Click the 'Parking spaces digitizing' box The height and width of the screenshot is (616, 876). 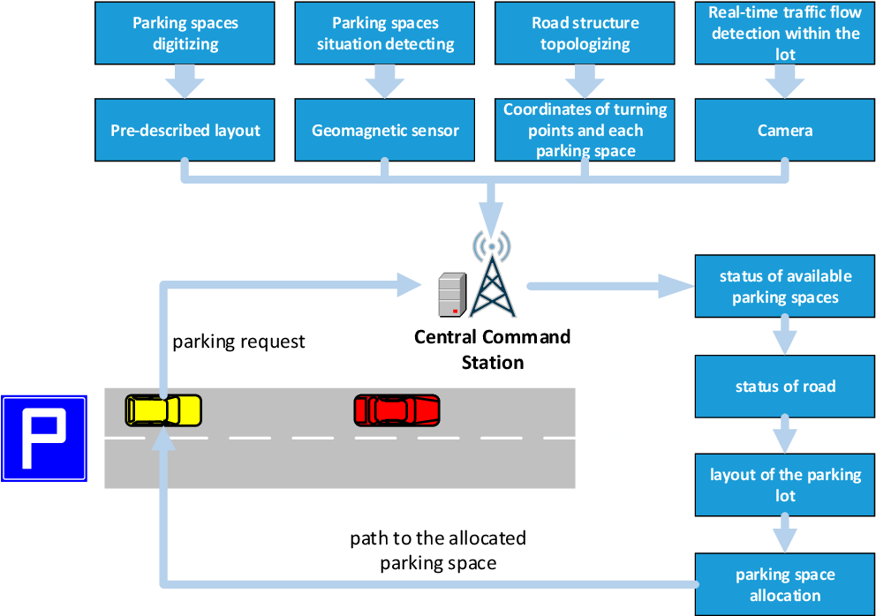pyautogui.click(x=185, y=33)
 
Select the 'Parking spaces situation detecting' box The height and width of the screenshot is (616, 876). pyautogui.click(x=385, y=33)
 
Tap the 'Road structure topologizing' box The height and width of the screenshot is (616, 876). pyautogui.click(x=585, y=33)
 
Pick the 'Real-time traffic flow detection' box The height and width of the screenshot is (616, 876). pyautogui.click(x=784, y=33)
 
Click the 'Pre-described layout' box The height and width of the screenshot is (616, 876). pyautogui.click(x=185, y=130)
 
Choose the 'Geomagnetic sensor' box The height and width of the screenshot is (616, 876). pyautogui.click(x=385, y=130)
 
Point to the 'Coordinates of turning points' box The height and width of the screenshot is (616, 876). pyautogui.click(x=585, y=130)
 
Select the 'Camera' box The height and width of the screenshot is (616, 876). pyautogui.click(x=784, y=130)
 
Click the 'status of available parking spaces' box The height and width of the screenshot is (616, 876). pyautogui.click(x=784, y=287)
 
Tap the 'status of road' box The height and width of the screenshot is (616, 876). pyautogui.click(x=784, y=387)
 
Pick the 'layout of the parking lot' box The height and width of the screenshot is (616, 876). pyautogui.click(x=784, y=485)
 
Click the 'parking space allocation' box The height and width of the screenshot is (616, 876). pyautogui.click(x=784, y=584)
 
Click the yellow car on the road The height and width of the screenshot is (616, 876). pyautogui.click(x=163, y=410)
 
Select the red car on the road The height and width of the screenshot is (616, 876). pyautogui.click(x=396, y=410)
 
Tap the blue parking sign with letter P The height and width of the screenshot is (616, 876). pyautogui.click(x=44, y=439)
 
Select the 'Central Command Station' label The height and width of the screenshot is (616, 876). pyautogui.click(x=493, y=349)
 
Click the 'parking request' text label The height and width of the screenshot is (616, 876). pyautogui.click(x=238, y=342)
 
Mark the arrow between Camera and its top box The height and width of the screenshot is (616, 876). pyautogui.click(x=784, y=81)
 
